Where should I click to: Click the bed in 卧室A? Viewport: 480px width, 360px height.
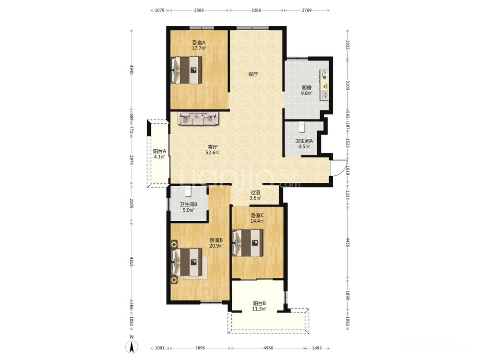(186, 70)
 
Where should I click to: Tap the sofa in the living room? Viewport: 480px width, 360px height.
(198, 119)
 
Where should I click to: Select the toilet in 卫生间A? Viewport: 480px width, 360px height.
(302, 127)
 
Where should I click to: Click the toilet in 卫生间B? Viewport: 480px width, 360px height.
(188, 191)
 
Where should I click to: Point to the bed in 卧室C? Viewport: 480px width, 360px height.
(248, 243)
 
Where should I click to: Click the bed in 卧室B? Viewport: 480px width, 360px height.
(186, 262)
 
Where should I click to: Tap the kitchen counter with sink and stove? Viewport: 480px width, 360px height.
(324, 85)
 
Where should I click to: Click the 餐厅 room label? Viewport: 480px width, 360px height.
(253, 74)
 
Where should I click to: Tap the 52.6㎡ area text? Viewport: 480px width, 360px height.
(213, 153)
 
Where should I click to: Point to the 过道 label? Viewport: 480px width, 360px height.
(255, 192)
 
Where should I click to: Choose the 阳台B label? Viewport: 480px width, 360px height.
(259, 303)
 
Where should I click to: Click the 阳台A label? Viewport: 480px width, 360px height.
(159, 151)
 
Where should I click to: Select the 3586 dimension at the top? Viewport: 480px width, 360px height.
(199, 10)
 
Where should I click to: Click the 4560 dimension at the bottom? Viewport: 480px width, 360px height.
(268, 348)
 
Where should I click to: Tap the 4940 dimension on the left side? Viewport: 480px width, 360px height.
(132, 70)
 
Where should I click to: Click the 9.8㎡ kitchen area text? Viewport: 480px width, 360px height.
(306, 94)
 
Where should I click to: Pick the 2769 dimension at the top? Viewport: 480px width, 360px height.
(307, 10)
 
